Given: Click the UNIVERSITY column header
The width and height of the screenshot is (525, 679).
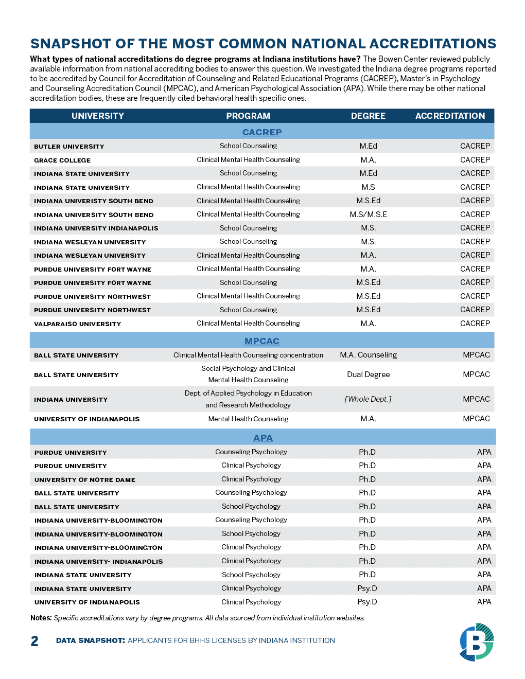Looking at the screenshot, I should [98, 116].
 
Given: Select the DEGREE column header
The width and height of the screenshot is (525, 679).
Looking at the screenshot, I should [368, 116].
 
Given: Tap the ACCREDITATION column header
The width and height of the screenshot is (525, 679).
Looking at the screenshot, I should [450, 116].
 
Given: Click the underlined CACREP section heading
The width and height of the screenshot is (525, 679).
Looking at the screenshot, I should [262, 132].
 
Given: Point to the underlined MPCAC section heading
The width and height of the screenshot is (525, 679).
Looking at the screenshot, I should [262, 341].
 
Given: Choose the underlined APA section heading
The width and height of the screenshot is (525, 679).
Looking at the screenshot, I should [263, 438].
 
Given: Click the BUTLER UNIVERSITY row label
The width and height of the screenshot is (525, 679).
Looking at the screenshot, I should [69, 147].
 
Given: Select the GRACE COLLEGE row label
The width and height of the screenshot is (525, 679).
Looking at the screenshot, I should [62, 160].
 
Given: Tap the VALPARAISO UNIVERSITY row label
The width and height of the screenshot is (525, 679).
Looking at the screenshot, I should [77, 324].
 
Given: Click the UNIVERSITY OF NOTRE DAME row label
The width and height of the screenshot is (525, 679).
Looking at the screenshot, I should [85, 480].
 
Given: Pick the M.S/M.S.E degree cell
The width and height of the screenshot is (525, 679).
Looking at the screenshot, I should [368, 215].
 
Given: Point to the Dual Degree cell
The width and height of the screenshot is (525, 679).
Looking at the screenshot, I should [368, 374].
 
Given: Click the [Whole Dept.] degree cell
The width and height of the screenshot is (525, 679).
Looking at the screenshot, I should [368, 399].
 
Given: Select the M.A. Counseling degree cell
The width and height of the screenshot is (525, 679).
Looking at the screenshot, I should [368, 355].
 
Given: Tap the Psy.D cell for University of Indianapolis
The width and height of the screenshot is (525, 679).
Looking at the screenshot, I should [367, 602].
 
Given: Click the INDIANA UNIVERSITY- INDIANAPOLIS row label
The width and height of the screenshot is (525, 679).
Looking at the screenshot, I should [98, 562].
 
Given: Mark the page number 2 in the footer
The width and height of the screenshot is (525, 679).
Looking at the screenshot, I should [34, 641].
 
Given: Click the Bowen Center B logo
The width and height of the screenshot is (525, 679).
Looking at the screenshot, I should [477, 641].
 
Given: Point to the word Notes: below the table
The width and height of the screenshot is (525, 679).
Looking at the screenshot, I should [41, 618].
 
